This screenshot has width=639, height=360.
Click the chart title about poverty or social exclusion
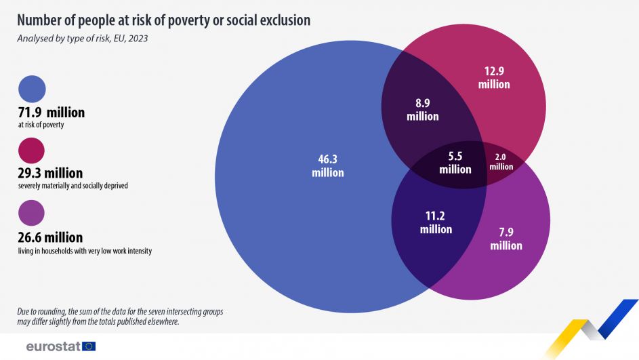click(163, 20)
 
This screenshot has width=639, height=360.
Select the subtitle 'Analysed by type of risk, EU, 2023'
click(83, 39)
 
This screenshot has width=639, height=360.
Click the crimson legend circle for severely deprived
click(32, 151)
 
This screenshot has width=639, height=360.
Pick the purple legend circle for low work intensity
click(32, 213)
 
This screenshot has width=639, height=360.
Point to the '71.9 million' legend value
click(51, 113)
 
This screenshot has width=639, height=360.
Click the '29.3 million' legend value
click(51, 174)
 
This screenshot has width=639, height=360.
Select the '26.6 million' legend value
click(51, 237)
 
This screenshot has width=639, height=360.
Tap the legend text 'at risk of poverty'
click(41, 125)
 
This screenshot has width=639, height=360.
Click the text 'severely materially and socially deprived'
click(73, 186)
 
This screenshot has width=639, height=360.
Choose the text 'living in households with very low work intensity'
click(85, 250)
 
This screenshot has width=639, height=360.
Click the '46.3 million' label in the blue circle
click(327, 166)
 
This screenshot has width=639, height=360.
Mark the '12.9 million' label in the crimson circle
click(493, 78)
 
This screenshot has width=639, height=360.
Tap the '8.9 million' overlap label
click(422, 110)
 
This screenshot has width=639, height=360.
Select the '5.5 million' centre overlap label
click(455, 163)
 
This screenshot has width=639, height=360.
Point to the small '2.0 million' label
click(501, 161)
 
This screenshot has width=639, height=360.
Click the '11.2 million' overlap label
click(436, 222)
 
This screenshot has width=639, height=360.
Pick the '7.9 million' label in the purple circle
click(506, 239)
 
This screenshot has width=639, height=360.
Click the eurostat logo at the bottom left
click(61, 346)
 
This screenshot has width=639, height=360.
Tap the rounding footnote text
click(120, 317)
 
